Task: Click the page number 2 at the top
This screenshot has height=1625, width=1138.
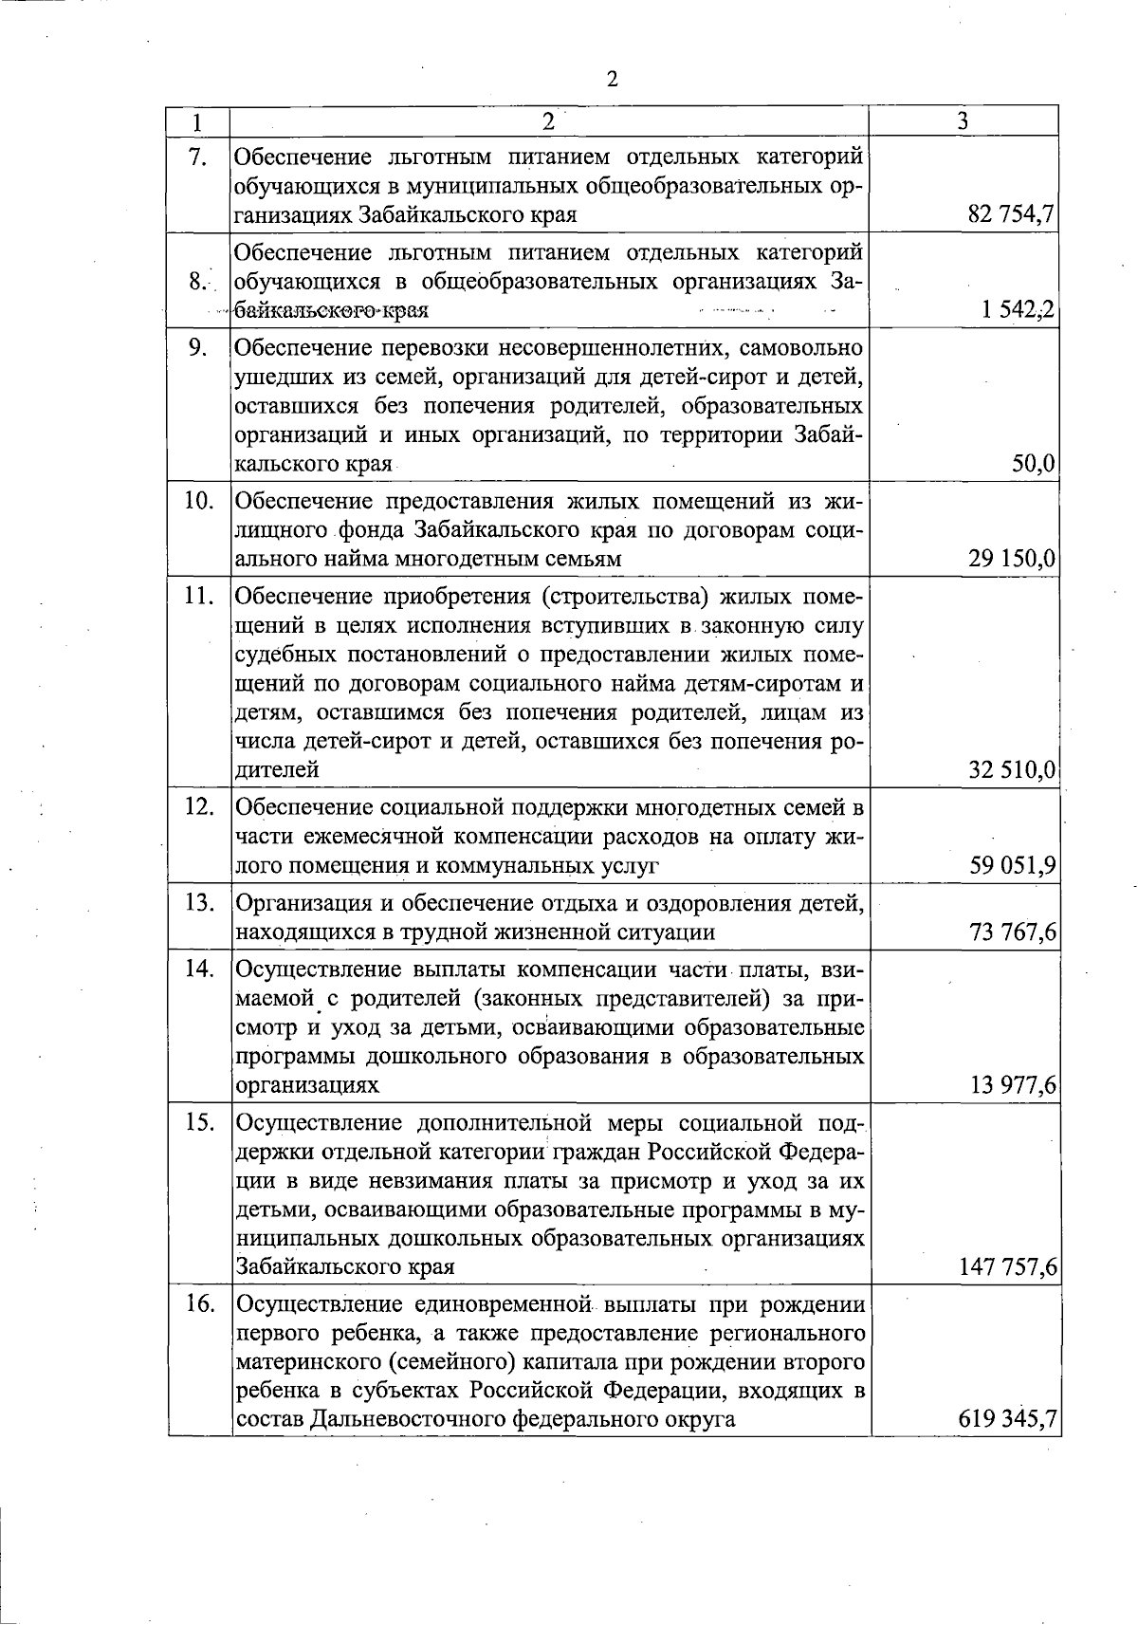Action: point(612,80)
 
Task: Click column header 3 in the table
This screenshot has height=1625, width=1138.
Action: point(963,121)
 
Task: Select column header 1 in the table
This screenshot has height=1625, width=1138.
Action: point(197,122)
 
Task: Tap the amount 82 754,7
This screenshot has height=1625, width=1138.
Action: point(1012,215)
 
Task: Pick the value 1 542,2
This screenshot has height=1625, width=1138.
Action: point(1019,310)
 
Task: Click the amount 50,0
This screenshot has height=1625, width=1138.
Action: point(1034,465)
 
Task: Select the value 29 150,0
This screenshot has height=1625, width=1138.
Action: point(1012,559)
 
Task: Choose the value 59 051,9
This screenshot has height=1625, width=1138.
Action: point(1012,865)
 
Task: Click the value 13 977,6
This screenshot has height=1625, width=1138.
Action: point(1012,1084)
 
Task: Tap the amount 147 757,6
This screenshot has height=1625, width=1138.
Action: point(1007,1266)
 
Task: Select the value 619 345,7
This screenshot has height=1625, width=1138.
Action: point(1007,1419)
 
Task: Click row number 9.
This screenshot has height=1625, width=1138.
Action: point(197,347)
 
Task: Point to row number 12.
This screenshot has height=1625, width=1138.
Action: point(197,807)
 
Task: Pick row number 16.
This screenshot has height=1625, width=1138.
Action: point(197,1303)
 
